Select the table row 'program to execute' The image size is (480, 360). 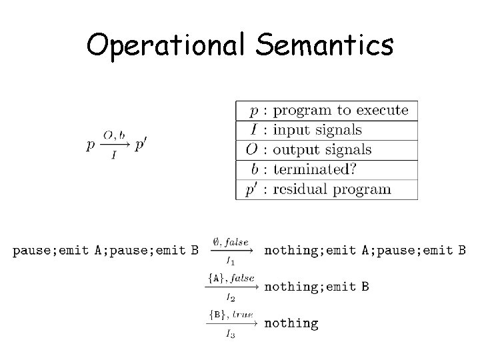click(327, 111)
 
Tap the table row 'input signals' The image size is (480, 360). click(327, 130)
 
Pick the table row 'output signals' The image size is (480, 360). click(327, 149)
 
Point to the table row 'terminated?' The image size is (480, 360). click(327, 169)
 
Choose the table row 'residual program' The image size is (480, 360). click(327, 189)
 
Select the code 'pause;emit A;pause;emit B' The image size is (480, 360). click(105, 251)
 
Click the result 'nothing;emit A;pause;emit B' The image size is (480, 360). click(365, 251)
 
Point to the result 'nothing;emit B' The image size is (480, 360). click(317, 287)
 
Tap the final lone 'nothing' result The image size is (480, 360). click(291, 323)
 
